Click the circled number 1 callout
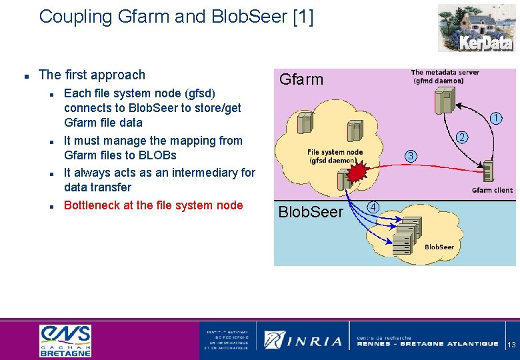point(495,119)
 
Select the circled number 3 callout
point(411,157)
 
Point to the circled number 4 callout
point(375,207)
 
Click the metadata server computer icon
point(443,100)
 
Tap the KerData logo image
point(475,27)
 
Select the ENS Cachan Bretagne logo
point(65,340)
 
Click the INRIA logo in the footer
point(303,340)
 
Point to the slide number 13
point(512,345)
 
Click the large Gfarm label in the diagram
point(301,79)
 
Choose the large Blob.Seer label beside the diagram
point(310,212)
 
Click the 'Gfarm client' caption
point(492,190)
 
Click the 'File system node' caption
point(335,152)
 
